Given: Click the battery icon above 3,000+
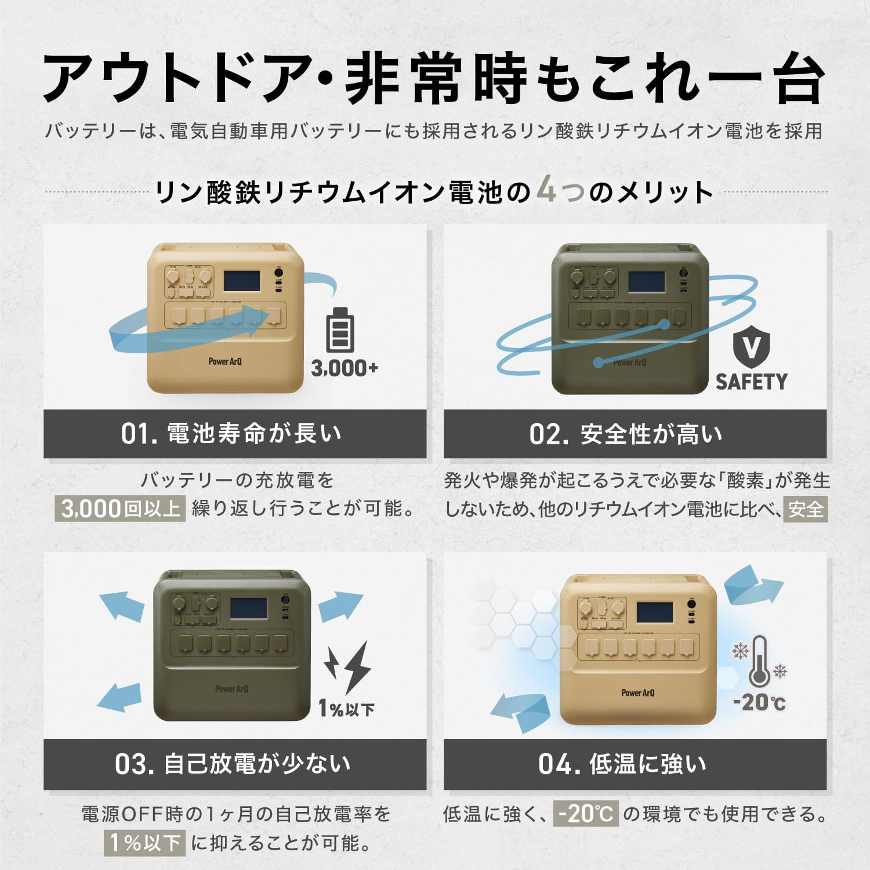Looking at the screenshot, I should click(x=339, y=330).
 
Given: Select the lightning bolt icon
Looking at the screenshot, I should click(x=349, y=666).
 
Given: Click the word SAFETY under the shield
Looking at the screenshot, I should click(x=751, y=382).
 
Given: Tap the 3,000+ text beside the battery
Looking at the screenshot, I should click(x=345, y=368).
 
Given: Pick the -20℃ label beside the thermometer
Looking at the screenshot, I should click(x=759, y=702).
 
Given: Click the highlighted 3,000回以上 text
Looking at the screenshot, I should click(x=121, y=509).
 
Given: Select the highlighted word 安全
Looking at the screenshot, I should click(x=806, y=509).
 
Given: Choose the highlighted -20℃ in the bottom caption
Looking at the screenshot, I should click(x=586, y=814).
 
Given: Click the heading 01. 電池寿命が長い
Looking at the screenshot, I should click(x=231, y=433).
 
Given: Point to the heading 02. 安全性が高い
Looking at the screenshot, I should click(x=626, y=434).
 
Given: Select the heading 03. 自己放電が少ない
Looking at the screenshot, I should click(x=233, y=764).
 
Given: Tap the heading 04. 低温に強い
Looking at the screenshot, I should click(x=623, y=764).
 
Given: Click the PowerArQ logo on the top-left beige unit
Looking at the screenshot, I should click(x=225, y=361).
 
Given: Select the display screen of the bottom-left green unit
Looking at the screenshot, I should click(x=248, y=608).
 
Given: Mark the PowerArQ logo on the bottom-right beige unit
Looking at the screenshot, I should click(x=637, y=693).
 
